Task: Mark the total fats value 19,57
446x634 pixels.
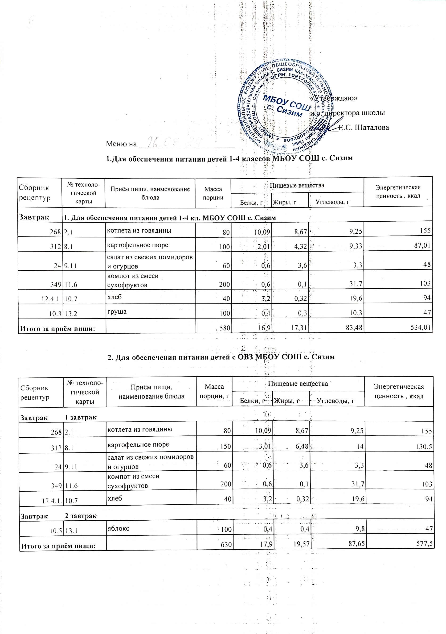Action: click(x=299, y=544)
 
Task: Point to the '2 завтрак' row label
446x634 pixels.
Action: click(x=81, y=516)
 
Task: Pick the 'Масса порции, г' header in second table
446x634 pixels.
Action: click(x=214, y=392)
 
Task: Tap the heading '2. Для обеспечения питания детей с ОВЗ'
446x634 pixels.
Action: click(x=221, y=357)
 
